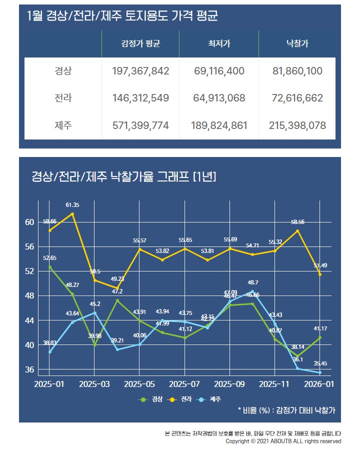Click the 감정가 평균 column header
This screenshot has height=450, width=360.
pos(140,44)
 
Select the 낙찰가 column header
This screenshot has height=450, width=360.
pos(297,44)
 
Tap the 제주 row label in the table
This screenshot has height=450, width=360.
pos(63,125)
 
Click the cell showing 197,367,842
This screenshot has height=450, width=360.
pos(140,71)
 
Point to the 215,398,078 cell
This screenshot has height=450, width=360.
pos(297,125)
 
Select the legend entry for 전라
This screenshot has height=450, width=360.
pos(182,399)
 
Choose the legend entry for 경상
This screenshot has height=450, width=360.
pos(152,399)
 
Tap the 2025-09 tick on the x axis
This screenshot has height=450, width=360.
pos(229,384)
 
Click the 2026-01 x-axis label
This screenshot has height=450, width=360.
pos(319,384)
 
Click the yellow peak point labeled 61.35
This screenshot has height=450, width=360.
pos(72,214)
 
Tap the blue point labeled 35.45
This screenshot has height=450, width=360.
pos(320,372)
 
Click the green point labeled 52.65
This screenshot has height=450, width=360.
pos(50,267)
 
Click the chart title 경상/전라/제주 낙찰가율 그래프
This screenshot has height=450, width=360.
pos(123,176)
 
